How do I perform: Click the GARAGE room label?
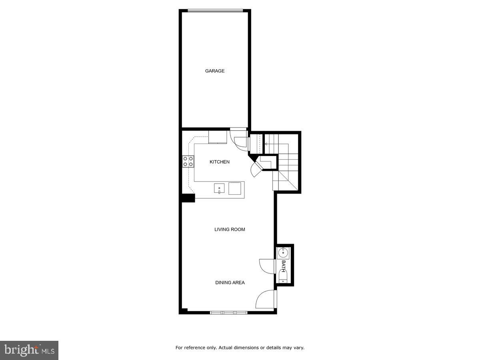[x=215, y=71]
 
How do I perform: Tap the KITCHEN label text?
[x=220, y=162]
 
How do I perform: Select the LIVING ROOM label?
[x=230, y=230]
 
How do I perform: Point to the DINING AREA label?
[x=230, y=282]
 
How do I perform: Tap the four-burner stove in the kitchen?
[x=188, y=161]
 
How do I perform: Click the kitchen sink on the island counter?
[x=219, y=188]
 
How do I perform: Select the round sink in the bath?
[x=283, y=252]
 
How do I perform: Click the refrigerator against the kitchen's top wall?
[x=218, y=137]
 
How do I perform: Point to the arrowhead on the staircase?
[x=266, y=144]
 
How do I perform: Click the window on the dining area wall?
[x=229, y=312]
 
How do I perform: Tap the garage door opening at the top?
[x=215, y=11]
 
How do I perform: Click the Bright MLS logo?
[x=29, y=350]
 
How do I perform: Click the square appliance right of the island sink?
[x=235, y=188]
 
